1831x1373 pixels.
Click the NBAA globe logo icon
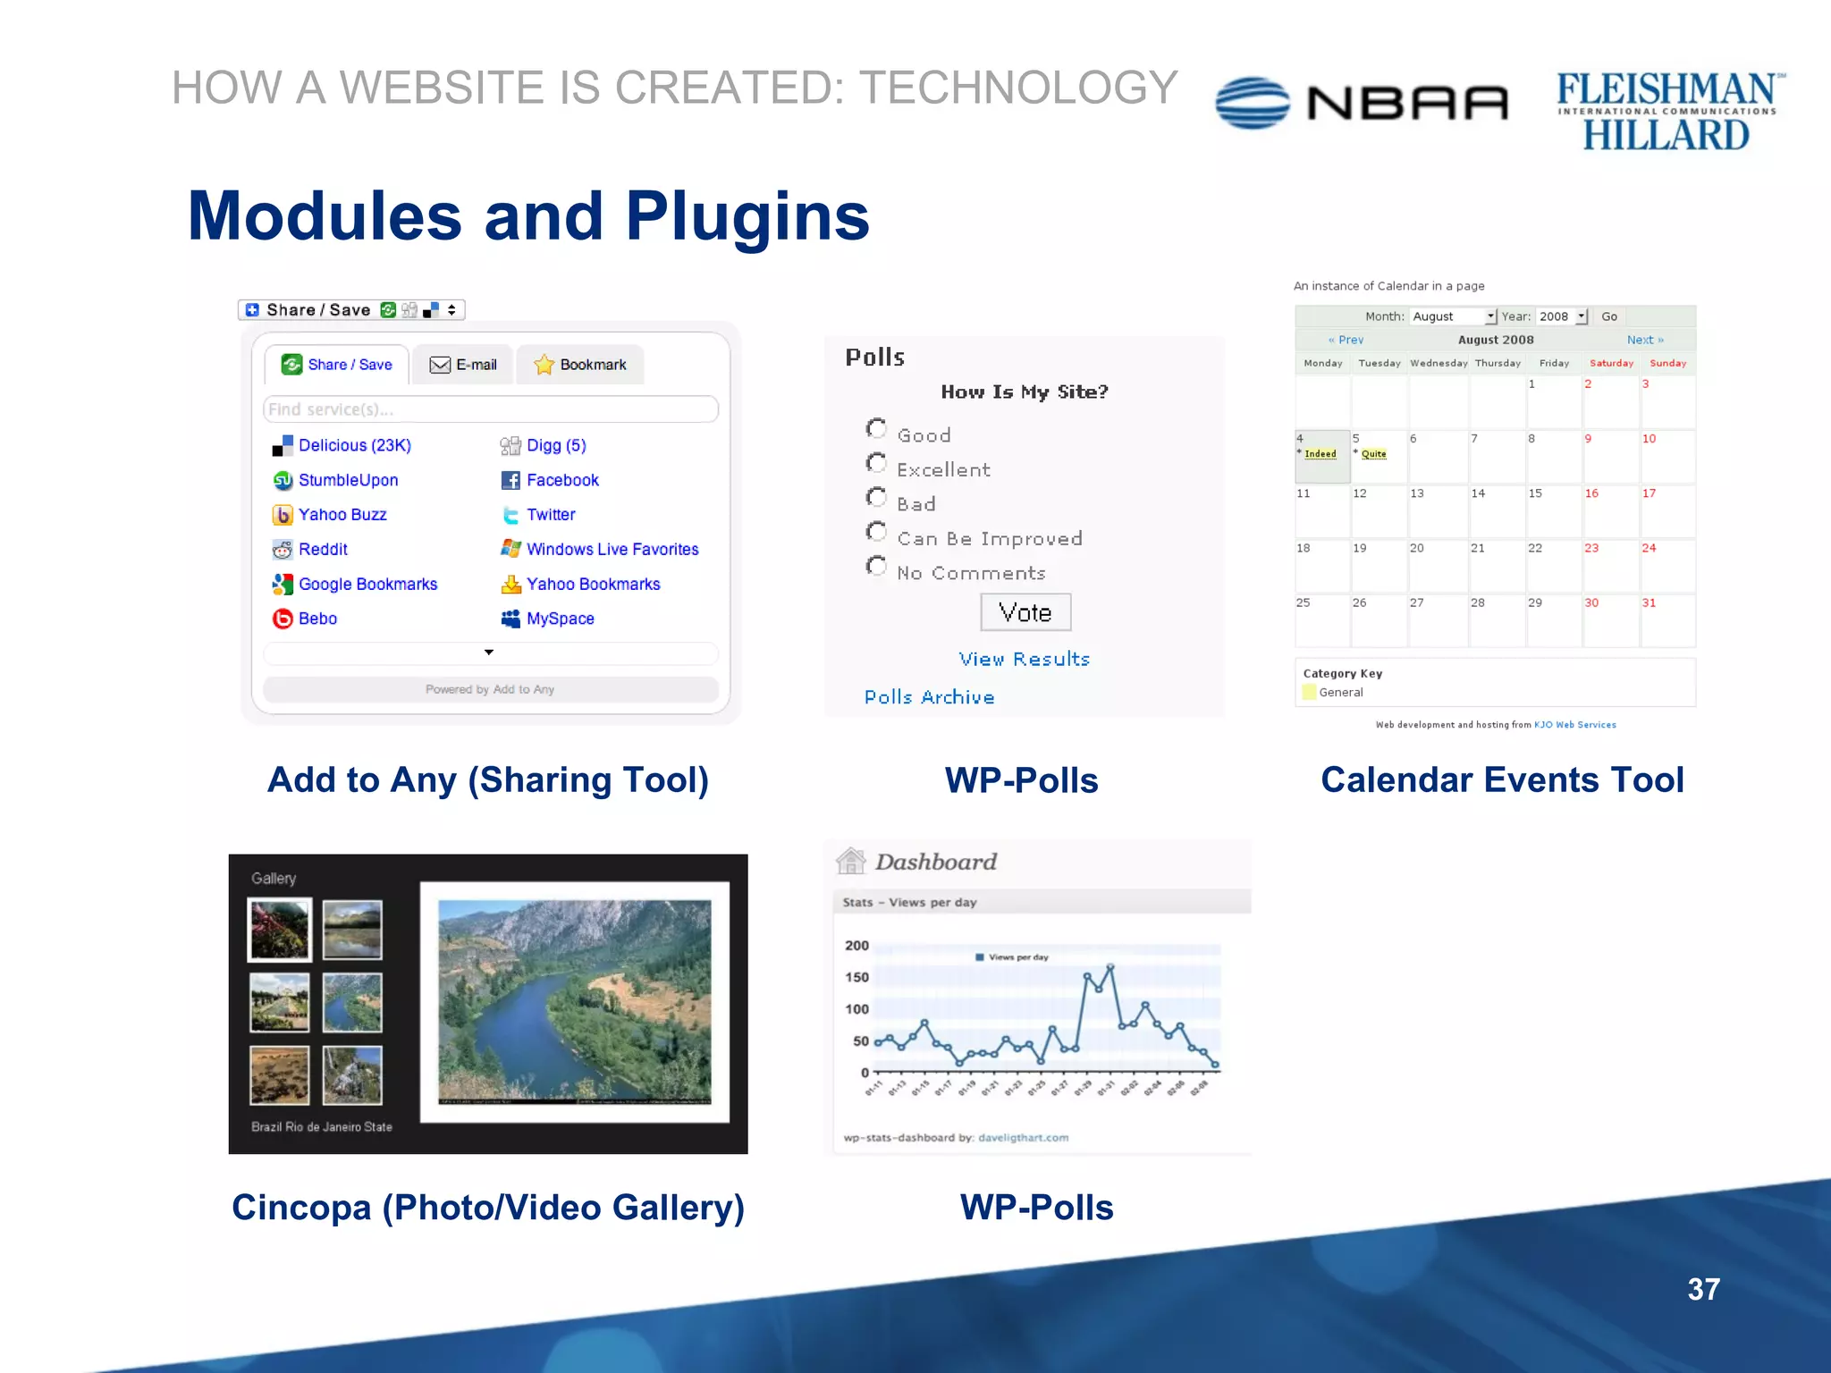click(x=1253, y=103)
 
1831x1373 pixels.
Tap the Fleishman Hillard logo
click(x=1667, y=112)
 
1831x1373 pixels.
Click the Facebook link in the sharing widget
click(x=561, y=480)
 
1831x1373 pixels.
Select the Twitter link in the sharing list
click(x=550, y=515)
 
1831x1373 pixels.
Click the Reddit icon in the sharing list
click(x=283, y=550)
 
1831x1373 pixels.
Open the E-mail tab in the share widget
click(x=463, y=365)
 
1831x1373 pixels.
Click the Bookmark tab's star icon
click(x=544, y=365)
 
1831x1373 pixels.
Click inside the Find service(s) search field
click(x=490, y=409)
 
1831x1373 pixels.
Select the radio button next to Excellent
click(x=876, y=463)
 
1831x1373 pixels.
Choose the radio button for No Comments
click(x=876, y=567)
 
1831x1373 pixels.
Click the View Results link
click(x=1024, y=660)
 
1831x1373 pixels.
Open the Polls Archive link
click(x=929, y=697)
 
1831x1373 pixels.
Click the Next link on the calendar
click(x=1644, y=340)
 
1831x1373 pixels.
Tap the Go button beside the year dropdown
click(x=1609, y=316)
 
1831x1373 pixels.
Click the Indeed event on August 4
click(x=1320, y=454)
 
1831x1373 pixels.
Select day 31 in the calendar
click(x=1649, y=603)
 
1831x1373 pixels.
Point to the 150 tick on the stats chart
click(x=856, y=977)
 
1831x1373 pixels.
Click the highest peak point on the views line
click(x=1110, y=967)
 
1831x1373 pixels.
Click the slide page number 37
click(x=1703, y=1289)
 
